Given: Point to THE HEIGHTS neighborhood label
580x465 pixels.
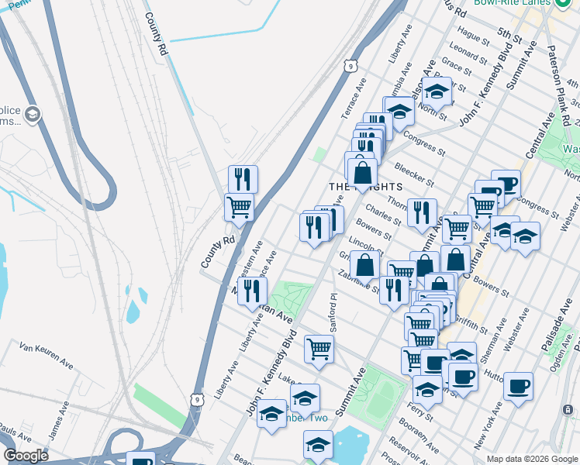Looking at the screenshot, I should [365, 187].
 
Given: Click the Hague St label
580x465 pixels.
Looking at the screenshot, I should [470, 33].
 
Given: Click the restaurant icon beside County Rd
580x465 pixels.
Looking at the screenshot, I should [243, 180].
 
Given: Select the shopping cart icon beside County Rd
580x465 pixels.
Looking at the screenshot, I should [239, 207].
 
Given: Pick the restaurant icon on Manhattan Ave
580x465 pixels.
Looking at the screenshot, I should [252, 291].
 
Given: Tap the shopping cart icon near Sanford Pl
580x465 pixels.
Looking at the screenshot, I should [319, 350].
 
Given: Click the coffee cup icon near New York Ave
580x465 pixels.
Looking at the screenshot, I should [518, 385].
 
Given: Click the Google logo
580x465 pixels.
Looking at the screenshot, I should [26, 456].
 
